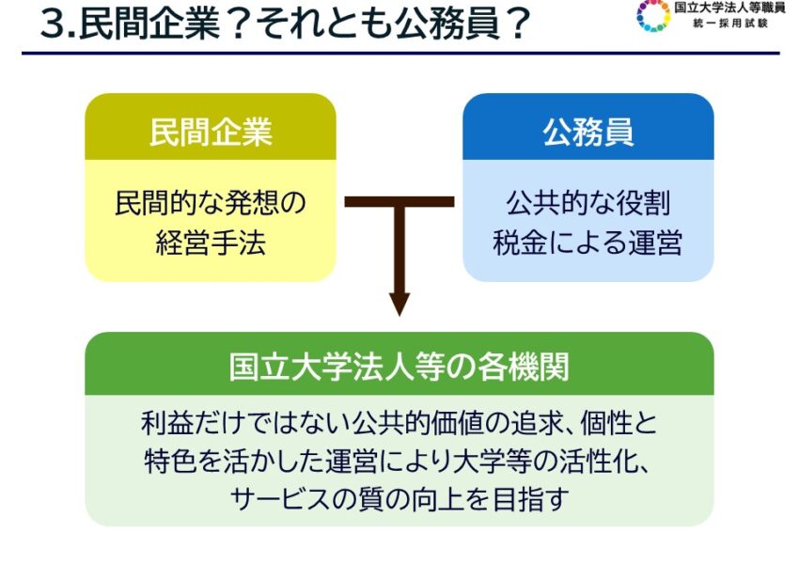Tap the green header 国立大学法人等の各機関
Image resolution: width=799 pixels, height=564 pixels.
pos(399,365)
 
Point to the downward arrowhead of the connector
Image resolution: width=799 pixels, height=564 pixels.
pos(399,305)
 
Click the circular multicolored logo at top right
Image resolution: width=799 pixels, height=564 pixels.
pos(653,15)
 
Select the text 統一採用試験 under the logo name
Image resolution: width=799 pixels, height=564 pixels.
pos(728,23)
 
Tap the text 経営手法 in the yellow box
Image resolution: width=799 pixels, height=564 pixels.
pos(211,243)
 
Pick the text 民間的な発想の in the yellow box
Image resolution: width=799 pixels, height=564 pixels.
pos(211,203)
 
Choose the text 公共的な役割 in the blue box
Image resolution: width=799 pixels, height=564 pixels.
pos(587,203)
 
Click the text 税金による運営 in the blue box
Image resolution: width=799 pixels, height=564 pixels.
pos(587,243)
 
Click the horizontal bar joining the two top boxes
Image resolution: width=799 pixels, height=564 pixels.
pos(399,202)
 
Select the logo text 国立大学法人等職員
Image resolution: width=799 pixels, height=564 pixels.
pos(729,8)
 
